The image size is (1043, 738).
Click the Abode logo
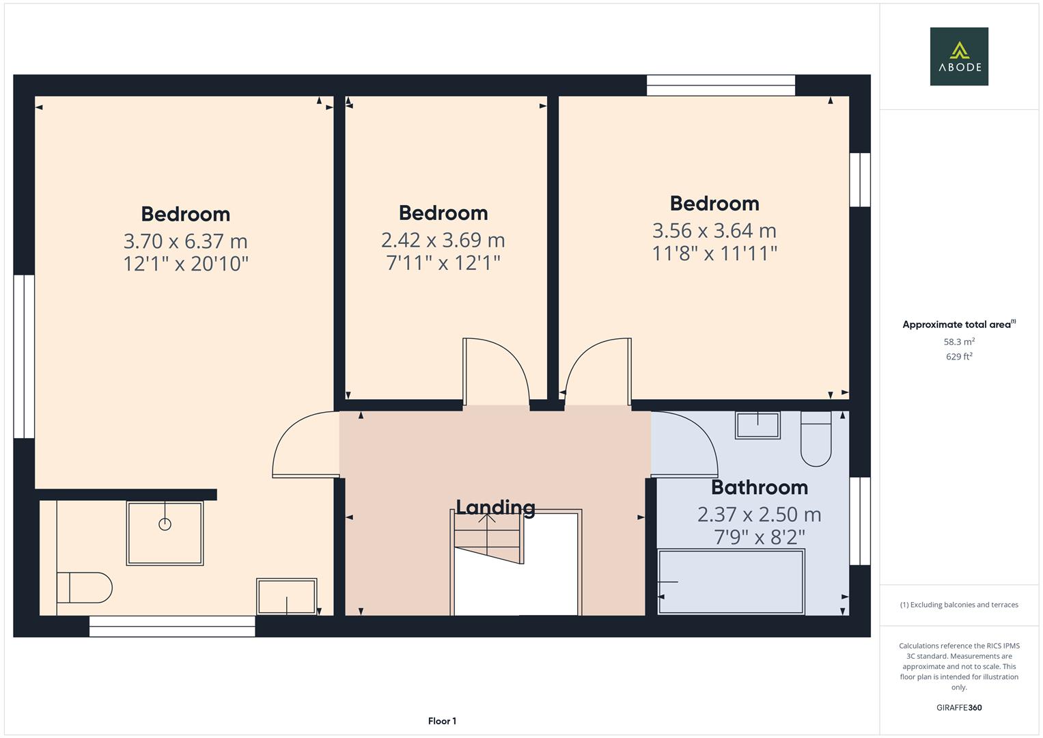click(959, 56)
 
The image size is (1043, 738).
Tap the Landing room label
click(495, 507)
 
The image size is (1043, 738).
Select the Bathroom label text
click(759, 487)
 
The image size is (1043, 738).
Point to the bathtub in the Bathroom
click(730, 582)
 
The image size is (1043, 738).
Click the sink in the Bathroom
click(757, 425)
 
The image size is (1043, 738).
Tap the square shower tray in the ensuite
click(165, 533)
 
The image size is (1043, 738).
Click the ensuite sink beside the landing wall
click(287, 597)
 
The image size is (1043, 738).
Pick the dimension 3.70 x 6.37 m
click(185, 241)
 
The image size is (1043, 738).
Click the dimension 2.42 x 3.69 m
click(443, 240)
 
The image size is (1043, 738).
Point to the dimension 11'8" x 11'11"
click(714, 254)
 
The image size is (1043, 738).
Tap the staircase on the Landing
click(488, 540)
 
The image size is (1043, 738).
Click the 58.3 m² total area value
click(959, 342)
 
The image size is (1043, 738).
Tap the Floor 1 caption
click(442, 721)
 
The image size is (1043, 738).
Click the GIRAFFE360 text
click(959, 707)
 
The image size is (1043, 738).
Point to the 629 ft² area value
click(959, 357)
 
